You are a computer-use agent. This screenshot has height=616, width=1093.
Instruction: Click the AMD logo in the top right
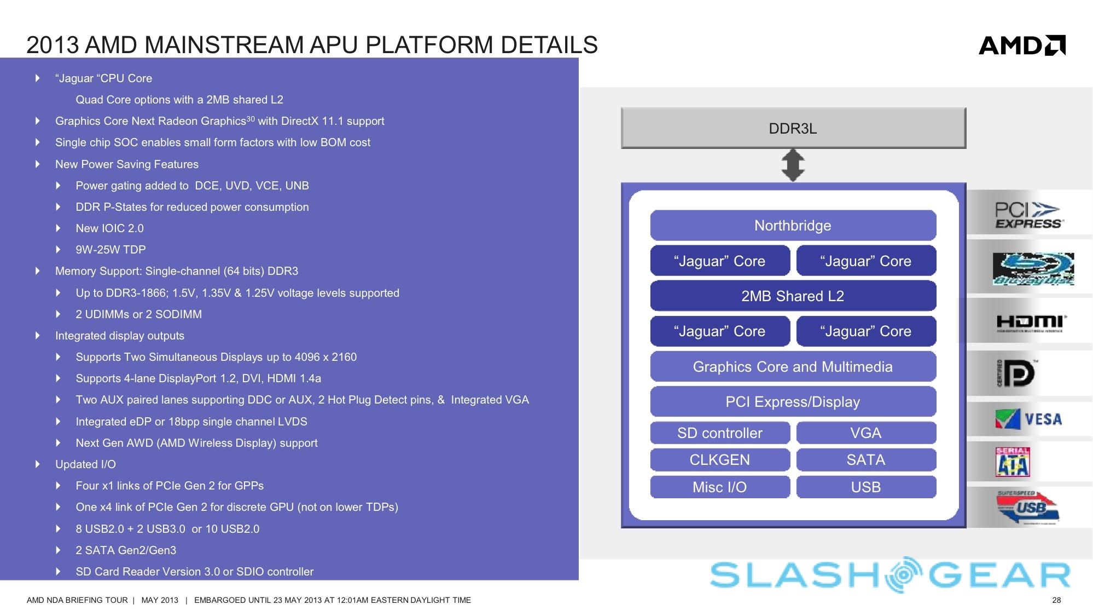(1021, 45)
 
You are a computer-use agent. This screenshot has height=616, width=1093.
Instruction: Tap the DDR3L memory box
(793, 128)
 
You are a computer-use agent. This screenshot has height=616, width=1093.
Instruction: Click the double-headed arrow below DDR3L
(793, 165)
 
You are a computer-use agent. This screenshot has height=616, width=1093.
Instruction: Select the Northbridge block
(793, 226)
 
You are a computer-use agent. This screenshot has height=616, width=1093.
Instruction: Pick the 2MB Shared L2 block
(793, 296)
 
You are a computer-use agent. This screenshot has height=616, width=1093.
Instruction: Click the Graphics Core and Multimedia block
(793, 367)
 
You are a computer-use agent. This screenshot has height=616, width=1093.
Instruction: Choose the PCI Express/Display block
(793, 402)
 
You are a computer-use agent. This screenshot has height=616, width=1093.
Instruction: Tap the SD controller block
(719, 433)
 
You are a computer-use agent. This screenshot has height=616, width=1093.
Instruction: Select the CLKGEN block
(719, 460)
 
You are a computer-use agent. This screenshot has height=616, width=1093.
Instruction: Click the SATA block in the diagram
(865, 460)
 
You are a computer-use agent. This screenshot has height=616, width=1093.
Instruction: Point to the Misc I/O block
(719, 487)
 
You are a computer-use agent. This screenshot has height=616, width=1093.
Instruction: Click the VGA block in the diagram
(865, 433)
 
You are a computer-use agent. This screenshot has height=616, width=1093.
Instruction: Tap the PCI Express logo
(1028, 215)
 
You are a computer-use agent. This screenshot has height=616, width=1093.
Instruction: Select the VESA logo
(1028, 419)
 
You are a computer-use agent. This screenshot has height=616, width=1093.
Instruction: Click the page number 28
(1056, 600)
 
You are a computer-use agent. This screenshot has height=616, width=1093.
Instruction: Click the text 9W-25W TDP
(111, 250)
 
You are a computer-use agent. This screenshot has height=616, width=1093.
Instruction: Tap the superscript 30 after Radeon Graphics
(251, 118)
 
